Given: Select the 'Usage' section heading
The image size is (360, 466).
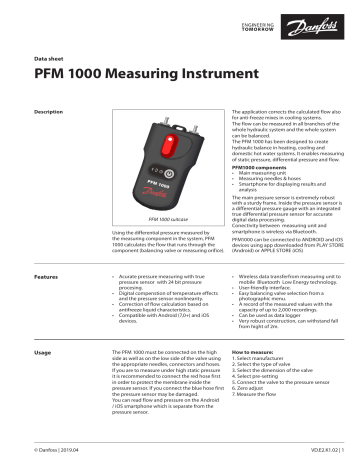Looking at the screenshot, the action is (x=43, y=353).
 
